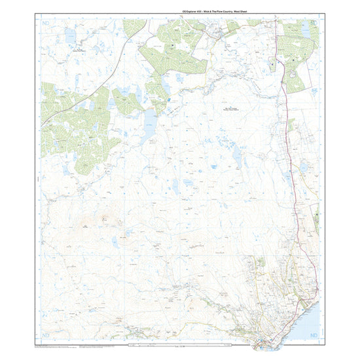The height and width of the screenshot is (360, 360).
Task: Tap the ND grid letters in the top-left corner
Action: (x=45, y=22)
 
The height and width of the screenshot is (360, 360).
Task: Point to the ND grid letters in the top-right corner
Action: (x=313, y=22)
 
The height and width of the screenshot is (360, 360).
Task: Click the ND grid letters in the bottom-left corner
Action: (x=45, y=335)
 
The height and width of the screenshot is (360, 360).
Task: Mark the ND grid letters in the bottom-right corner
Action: (x=313, y=335)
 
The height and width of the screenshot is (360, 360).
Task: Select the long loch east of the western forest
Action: (x=150, y=124)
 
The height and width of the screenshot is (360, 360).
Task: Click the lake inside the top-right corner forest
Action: (x=305, y=27)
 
